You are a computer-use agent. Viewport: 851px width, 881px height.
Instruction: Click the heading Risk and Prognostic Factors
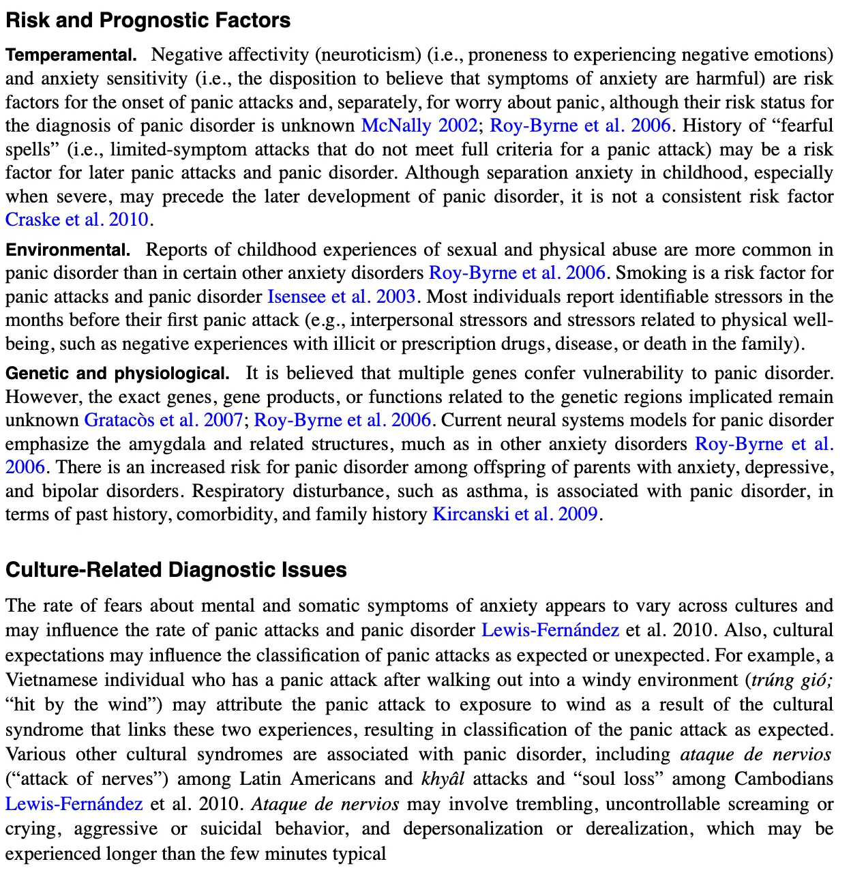(x=148, y=20)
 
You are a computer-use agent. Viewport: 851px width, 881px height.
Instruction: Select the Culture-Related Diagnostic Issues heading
(x=176, y=569)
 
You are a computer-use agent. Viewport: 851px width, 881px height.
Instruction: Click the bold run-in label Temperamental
(x=71, y=55)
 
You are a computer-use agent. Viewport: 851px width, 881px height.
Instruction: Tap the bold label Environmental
(x=68, y=250)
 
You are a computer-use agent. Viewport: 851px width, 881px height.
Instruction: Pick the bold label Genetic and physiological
(x=117, y=373)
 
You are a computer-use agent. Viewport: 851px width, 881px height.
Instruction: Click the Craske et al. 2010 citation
(x=77, y=220)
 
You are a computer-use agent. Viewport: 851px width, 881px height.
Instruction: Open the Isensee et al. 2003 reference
(x=341, y=297)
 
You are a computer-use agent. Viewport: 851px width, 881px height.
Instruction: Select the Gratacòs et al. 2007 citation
(x=163, y=420)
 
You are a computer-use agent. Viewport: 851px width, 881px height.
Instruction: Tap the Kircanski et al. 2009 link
(x=516, y=514)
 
